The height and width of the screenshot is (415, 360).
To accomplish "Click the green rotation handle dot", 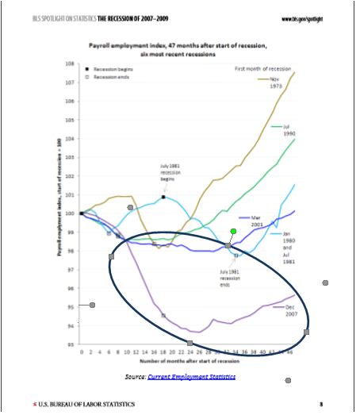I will (x=233, y=231).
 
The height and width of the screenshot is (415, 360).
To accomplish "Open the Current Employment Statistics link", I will (x=191, y=376).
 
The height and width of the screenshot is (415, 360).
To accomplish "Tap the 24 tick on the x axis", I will (x=191, y=351).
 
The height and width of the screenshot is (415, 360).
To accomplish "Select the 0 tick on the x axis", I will (x=81, y=351).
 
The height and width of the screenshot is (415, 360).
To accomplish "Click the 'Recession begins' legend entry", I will (x=112, y=70).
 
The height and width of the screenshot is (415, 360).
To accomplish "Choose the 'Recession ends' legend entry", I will (x=110, y=77).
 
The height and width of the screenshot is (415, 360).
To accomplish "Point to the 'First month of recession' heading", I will (x=269, y=70).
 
